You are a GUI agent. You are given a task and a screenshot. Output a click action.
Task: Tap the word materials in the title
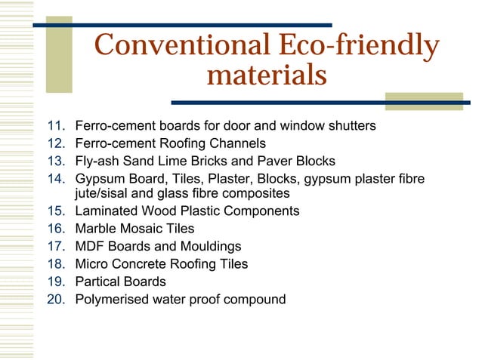[266, 75]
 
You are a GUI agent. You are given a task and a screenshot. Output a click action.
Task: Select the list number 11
[57, 125]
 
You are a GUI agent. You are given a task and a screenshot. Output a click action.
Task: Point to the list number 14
[57, 179]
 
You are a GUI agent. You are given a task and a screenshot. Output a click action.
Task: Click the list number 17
[57, 246]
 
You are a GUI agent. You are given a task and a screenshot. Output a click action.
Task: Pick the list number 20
[57, 300]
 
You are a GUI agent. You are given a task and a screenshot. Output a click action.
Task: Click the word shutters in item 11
[350, 125]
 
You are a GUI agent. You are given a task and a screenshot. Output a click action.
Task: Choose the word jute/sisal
[103, 193]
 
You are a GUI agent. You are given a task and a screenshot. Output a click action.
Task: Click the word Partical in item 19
[98, 282]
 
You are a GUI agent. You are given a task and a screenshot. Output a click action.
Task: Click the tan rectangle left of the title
[59, 52]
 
